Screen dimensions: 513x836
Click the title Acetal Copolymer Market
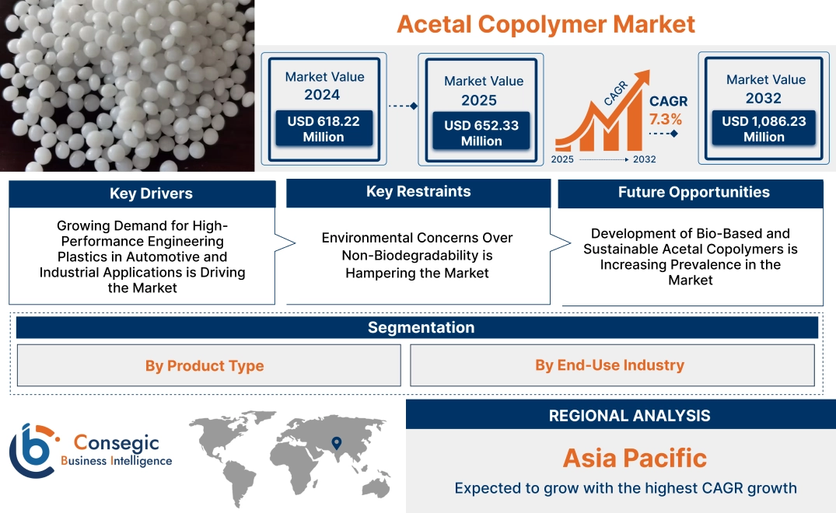[546, 23]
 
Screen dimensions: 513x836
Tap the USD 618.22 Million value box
[323, 129]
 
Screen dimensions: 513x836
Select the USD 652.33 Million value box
[481, 133]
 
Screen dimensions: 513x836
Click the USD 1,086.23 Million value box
[764, 128]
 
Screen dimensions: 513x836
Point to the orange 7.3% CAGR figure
[666, 119]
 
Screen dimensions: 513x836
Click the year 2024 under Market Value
[322, 95]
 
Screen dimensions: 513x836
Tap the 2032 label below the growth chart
[644, 159]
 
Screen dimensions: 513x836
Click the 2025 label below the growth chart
[563, 159]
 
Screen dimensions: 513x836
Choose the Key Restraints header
[418, 192]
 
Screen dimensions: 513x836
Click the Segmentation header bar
[421, 327]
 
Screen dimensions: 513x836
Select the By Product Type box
[205, 365]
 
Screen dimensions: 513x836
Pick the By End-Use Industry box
[610, 365]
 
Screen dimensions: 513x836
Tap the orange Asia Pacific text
[635, 457]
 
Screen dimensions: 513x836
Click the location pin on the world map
[336, 443]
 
